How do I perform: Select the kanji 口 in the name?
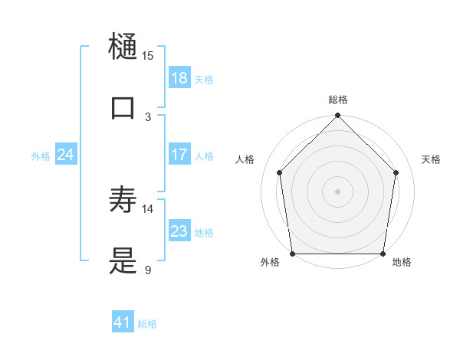click(123, 107)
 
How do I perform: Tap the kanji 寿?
click(123, 200)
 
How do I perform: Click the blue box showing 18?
click(179, 78)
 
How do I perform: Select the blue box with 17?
click(179, 155)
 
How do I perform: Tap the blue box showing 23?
click(179, 231)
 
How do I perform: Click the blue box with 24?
click(65, 155)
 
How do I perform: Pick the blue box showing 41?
click(123, 322)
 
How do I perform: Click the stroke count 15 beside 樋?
click(148, 55)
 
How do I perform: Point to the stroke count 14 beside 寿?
click(148, 208)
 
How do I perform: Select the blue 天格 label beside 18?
click(204, 79)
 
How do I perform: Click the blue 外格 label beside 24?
click(41, 155)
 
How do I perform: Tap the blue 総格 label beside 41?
click(147, 323)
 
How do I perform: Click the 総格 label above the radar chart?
click(338, 100)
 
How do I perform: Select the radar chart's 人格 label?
click(245, 159)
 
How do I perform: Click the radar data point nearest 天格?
click(396, 172)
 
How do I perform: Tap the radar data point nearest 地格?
click(383, 254)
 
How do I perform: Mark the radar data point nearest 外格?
click(292, 254)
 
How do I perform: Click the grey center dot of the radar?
click(338, 191)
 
